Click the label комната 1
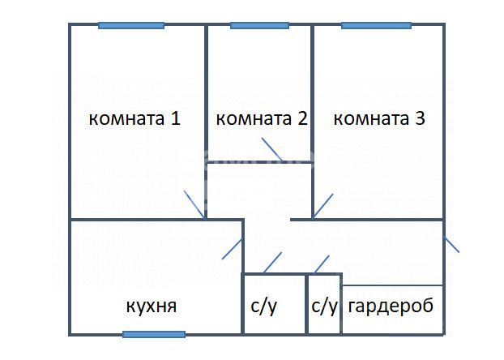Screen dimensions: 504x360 pos(135,118)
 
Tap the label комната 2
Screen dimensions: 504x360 pos(262,118)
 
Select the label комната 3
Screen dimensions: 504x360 pos(379,118)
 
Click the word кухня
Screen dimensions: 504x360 pos(151,306)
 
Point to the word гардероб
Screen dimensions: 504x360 pos(391,306)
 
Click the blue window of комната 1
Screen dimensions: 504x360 pos(131,26)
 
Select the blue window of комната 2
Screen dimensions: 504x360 pos(259,26)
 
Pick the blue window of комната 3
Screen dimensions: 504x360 pos(377,26)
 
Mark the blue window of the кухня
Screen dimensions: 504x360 pos(154,335)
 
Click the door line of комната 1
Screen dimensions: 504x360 pos(194,205)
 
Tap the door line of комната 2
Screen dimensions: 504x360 pos(272,149)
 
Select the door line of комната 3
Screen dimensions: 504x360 pos(322,207)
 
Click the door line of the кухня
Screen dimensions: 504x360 pos(232,249)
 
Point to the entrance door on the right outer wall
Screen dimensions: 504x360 pos(451,244)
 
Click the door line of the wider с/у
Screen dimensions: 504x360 pos(272,263)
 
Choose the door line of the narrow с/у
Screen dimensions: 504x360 pos(322,264)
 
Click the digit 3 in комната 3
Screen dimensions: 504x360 pos(421,118)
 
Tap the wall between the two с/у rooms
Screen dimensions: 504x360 pos(307,304)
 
